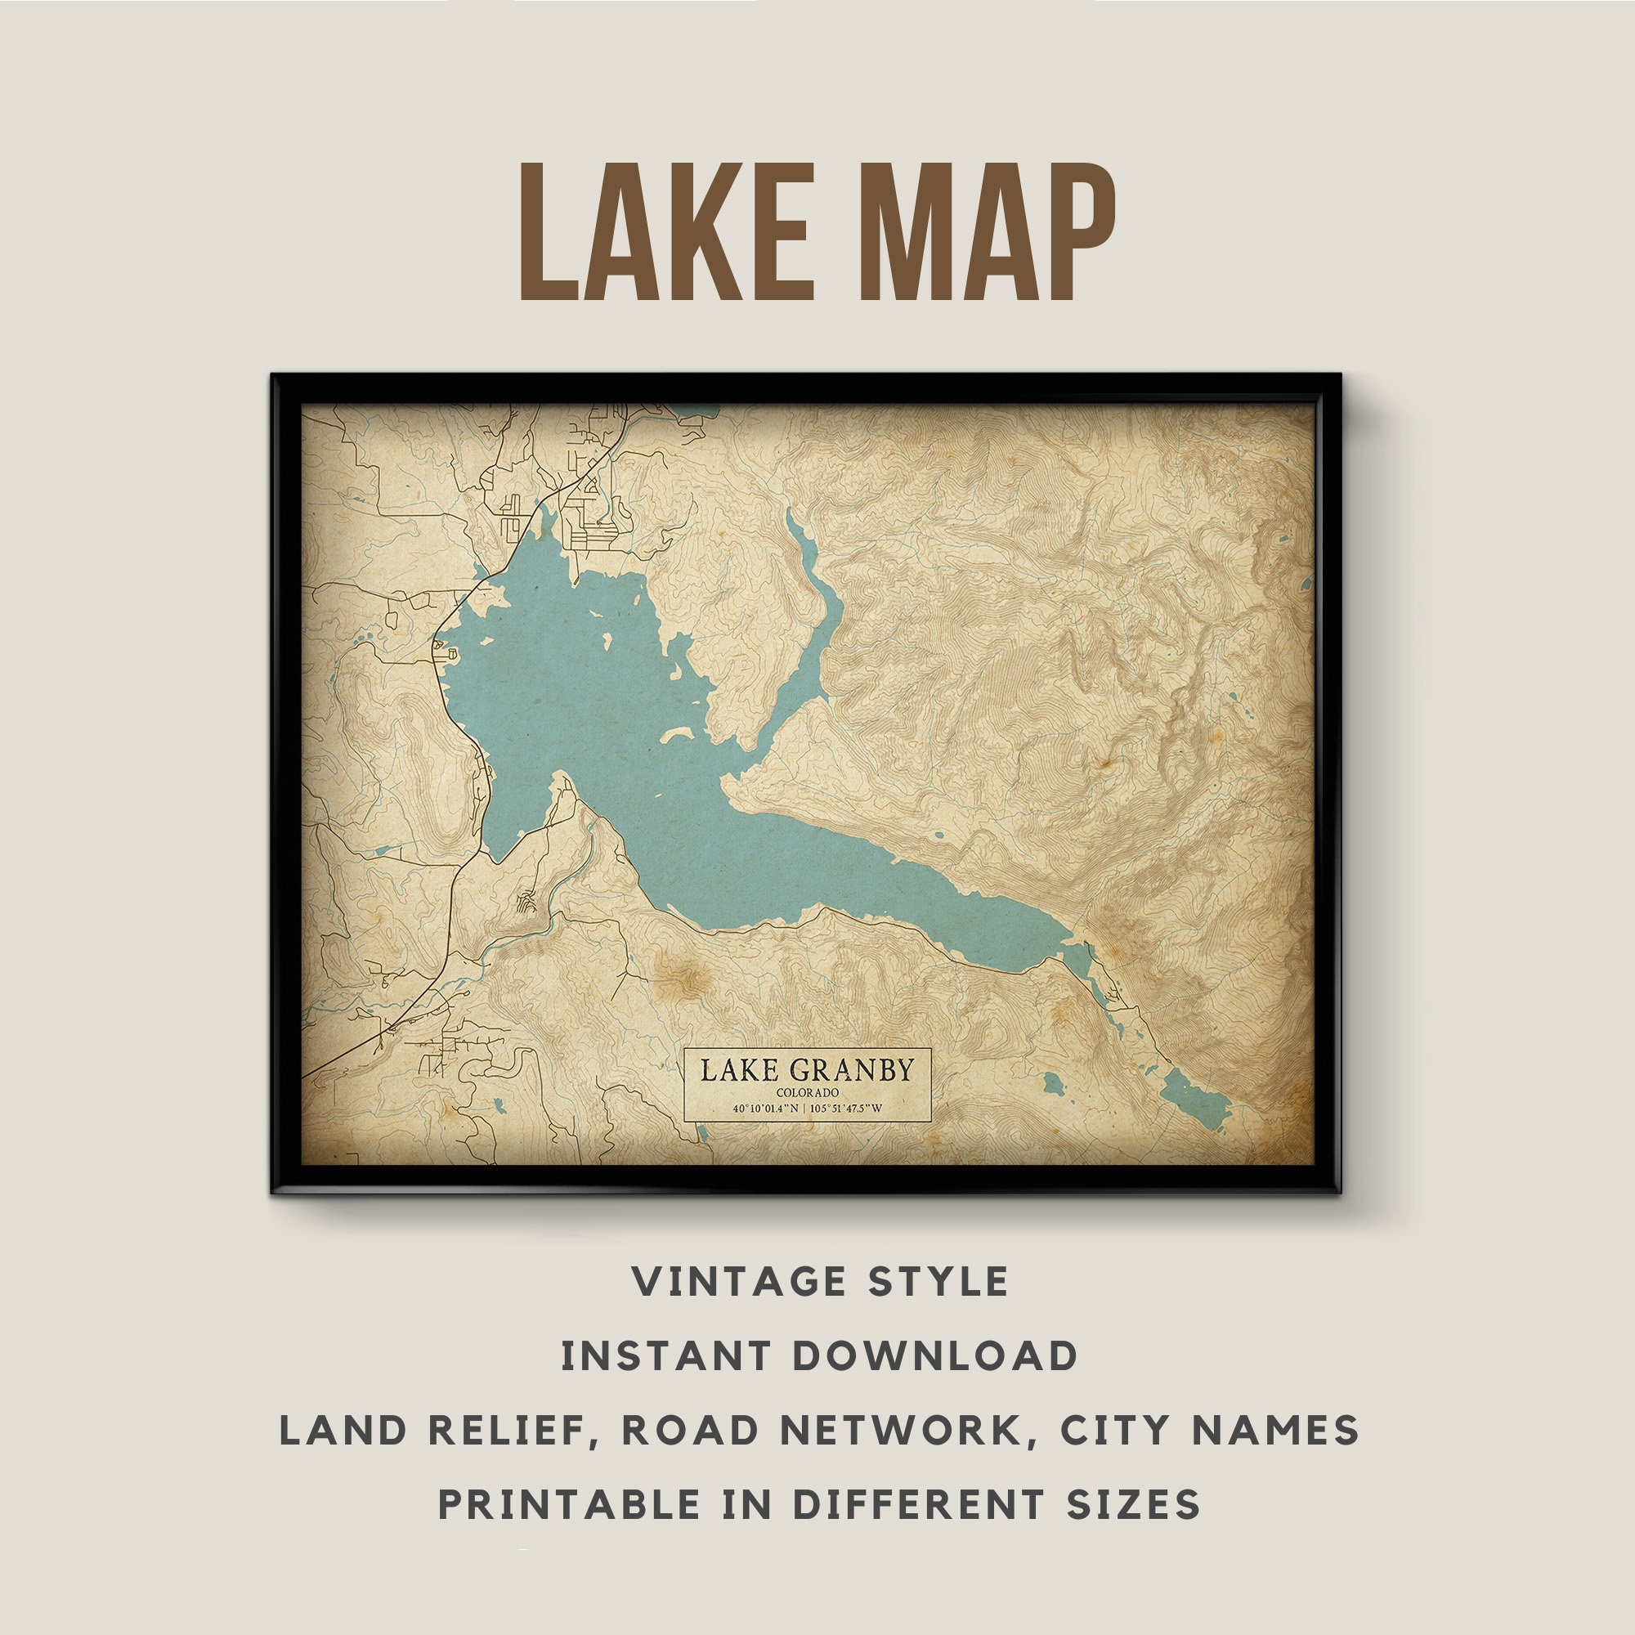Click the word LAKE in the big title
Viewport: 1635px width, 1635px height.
coord(666,232)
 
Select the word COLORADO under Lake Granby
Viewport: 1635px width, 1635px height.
coord(808,1092)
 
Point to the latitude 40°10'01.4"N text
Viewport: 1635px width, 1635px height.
coord(765,1109)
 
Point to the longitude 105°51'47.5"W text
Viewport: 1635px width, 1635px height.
coord(848,1109)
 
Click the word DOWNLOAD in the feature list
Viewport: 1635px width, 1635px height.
coord(935,1356)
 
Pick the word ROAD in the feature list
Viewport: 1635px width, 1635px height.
coord(690,1430)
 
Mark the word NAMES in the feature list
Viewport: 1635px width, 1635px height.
coord(1274,1430)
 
